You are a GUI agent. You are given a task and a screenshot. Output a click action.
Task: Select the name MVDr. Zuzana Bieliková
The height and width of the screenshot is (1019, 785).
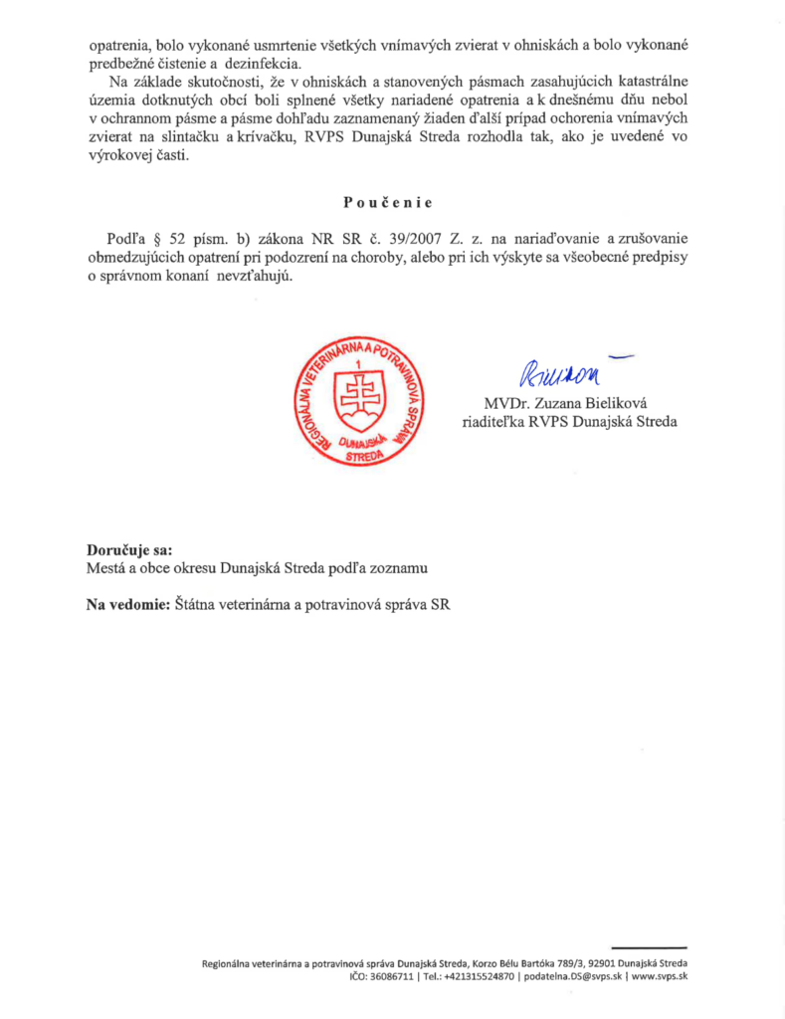(x=564, y=403)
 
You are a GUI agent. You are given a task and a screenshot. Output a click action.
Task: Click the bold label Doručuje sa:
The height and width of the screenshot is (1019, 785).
(x=129, y=550)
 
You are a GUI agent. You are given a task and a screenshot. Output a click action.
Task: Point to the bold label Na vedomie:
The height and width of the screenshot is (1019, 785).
(x=129, y=603)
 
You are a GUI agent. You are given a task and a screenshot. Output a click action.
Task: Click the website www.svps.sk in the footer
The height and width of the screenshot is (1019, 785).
(x=660, y=977)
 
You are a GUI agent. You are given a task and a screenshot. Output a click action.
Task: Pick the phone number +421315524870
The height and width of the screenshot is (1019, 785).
(x=479, y=977)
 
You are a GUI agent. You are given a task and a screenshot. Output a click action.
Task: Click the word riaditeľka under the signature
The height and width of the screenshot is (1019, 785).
(x=497, y=421)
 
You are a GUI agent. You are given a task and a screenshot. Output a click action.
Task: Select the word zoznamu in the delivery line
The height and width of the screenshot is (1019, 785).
(x=400, y=568)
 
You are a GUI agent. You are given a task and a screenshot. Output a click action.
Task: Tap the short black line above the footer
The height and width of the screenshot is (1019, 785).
(x=649, y=948)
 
